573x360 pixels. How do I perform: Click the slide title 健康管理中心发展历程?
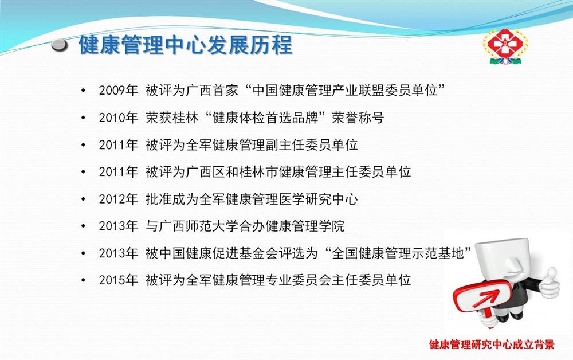point(185,45)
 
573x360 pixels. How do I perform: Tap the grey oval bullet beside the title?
point(60,45)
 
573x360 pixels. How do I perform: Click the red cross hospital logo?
point(505,46)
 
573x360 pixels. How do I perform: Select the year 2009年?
point(119,90)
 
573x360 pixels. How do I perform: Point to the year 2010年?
point(119,118)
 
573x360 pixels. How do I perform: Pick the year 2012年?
point(119,199)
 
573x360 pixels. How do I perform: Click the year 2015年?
point(119,280)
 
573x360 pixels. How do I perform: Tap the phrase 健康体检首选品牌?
point(265,118)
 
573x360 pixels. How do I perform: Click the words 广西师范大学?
point(199,226)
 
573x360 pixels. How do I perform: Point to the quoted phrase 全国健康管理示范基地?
point(398,253)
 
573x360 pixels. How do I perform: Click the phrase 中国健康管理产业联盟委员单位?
point(345,90)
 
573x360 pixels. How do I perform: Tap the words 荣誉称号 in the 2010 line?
point(358,118)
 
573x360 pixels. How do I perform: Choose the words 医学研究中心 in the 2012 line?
point(318,199)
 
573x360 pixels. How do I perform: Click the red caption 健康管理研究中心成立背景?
point(492,345)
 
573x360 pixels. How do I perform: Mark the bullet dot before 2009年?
point(83,90)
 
